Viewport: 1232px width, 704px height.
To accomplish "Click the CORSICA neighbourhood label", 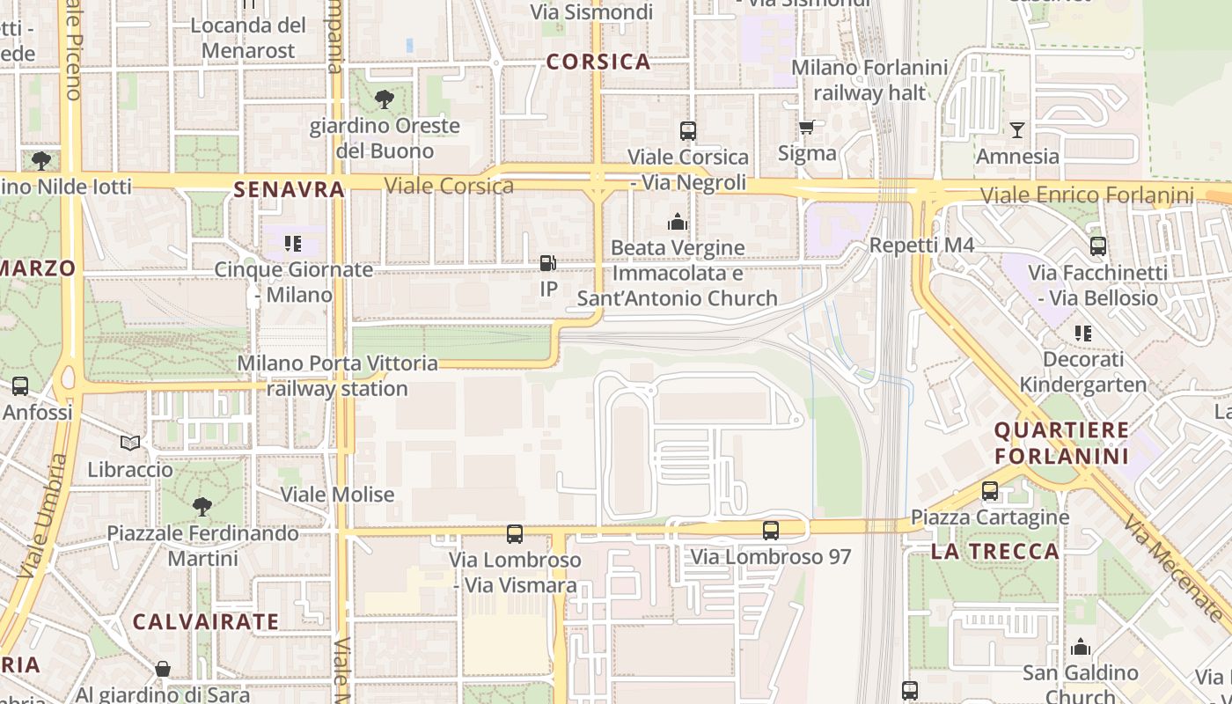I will (x=598, y=62).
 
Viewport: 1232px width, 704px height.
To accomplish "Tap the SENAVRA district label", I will (x=289, y=189).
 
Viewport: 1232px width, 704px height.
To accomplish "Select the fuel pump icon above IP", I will (x=547, y=262).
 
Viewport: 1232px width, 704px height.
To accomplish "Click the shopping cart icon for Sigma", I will (x=806, y=128).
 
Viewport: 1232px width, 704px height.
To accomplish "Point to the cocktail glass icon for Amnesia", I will (x=1017, y=130).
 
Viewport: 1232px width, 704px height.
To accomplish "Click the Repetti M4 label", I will (x=921, y=245).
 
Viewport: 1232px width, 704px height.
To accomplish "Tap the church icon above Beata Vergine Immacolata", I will (x=677, y=222).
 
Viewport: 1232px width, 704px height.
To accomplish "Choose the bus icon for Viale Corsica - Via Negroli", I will (x=688, y=131).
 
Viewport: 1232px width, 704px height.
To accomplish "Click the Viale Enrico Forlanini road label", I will (x=1087, y=195).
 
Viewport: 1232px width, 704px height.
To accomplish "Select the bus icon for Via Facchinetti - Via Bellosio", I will (x=1097, y=246).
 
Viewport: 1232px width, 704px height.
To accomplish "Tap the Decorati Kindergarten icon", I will (x=1082, y=334).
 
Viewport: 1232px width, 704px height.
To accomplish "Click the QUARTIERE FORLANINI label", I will (x=1061, y=443).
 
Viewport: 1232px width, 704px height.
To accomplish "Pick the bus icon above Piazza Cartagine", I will (x=990, y=491).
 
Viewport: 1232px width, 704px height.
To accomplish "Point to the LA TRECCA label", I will (x=995, y=552).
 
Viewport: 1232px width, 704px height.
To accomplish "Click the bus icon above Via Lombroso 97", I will (x=771, y=531).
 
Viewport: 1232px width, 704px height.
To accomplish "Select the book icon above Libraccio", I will (x=130, y=443).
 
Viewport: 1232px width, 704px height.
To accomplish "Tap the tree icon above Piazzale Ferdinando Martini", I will (x=202, y=507).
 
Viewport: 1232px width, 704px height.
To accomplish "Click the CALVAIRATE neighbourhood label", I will (x=206, y=621).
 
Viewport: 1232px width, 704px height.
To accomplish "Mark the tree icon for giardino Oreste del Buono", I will (x=384, y=99).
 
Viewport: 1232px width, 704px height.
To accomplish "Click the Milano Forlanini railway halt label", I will (x=869, y=80).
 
